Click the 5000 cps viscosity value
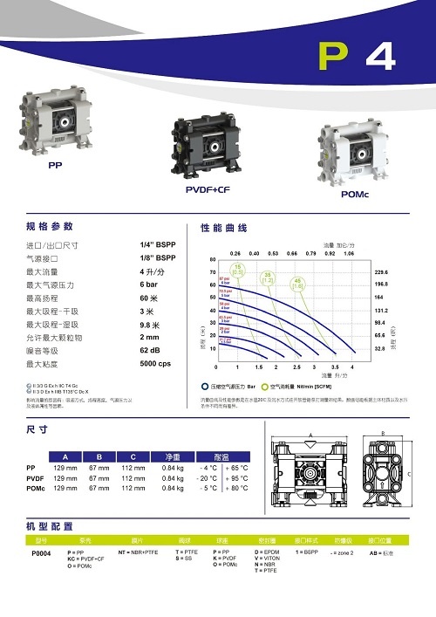(x=156, y=362)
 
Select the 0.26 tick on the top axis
(x=235, y=252)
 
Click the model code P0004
(x=41, y=554)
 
